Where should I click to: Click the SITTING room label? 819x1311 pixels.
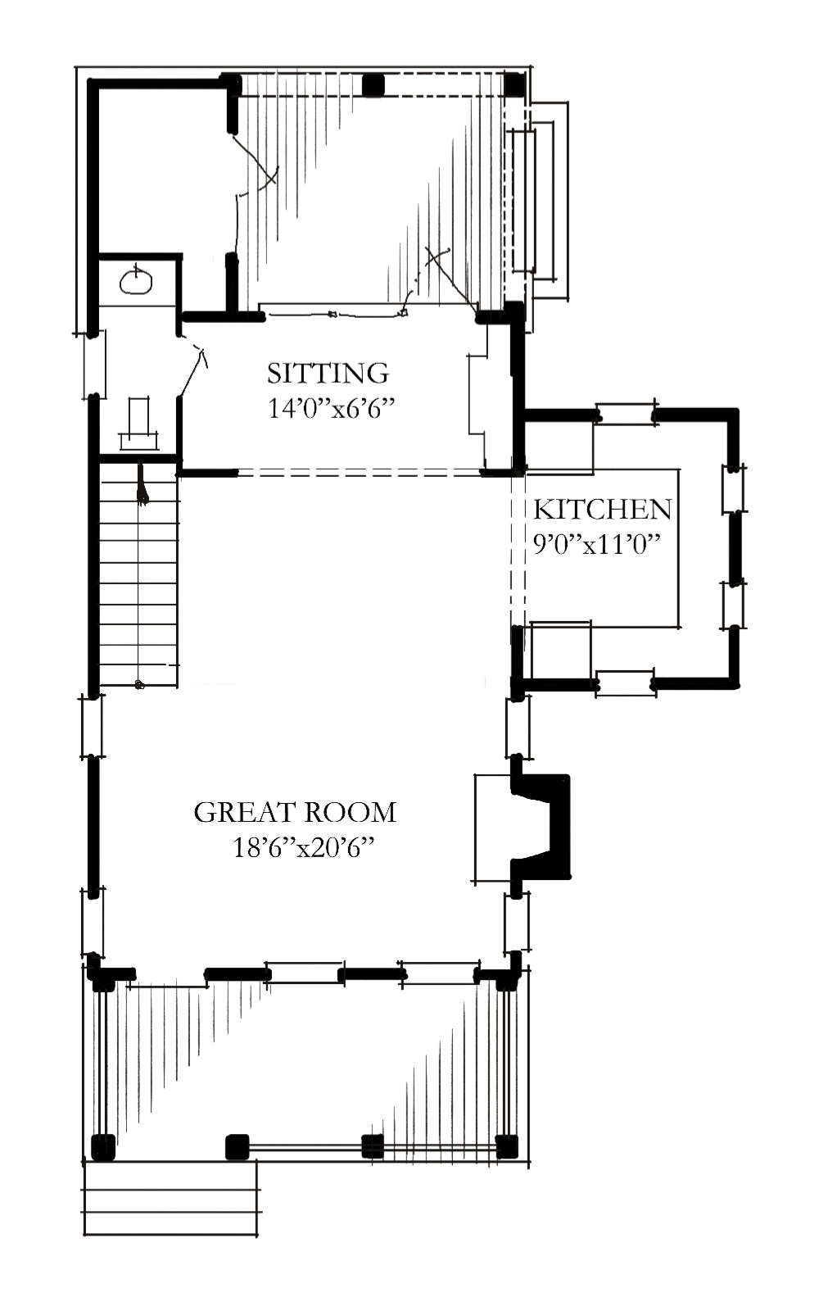328,374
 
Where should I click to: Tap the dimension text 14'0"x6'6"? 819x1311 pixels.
331,408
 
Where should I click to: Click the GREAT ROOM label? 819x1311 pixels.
295,812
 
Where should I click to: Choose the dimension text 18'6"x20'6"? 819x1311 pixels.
303,847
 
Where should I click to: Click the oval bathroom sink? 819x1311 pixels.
136,282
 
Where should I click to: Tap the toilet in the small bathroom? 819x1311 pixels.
138,424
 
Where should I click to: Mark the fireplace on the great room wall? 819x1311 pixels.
522,827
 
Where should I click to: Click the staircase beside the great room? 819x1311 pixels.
138,575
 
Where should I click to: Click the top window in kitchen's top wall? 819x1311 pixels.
626,415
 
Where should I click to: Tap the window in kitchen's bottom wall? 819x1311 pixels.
626,683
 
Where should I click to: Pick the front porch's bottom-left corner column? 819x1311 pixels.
103,1148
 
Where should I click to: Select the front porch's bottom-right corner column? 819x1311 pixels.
507,1147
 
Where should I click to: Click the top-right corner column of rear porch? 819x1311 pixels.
515,85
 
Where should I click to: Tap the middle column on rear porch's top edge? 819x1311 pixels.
373,85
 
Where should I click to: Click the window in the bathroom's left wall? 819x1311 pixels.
93,365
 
